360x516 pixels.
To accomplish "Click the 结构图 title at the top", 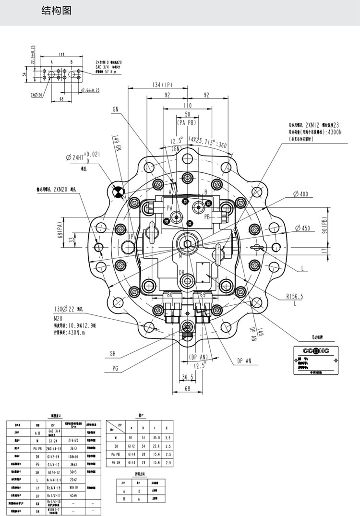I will pyautogui.click(x=56, y=11).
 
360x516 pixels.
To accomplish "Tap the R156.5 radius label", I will pyautogui.click(x=295, y=297).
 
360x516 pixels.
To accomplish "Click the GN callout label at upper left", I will pyautogui.click(x=116, y=109).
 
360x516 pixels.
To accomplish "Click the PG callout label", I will pyautogui.click(x=115, y=368).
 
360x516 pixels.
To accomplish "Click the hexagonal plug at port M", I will pyautogui.click(x=188, y=243).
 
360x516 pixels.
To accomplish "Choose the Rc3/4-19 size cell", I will pyautogui.click(x=53, y=486).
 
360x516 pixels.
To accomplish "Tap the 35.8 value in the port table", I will pyautogui.click(x=155, y=438).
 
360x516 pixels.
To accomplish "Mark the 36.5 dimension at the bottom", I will pyautogui.click(x=188, y=377).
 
